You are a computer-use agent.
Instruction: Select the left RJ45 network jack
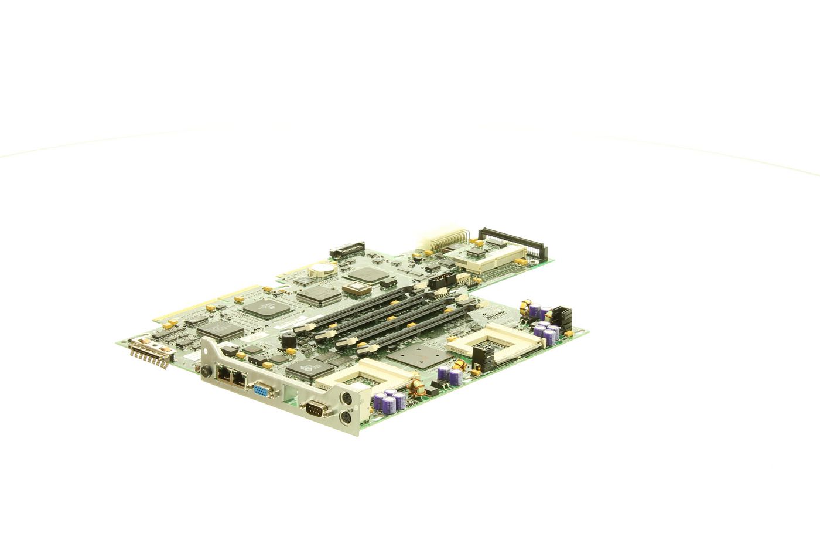click(225, 375)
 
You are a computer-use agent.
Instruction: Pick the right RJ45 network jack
click(238, 379)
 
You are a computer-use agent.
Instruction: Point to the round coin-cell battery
click(320, 269)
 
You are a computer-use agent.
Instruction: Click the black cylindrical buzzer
click(288, 341)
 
